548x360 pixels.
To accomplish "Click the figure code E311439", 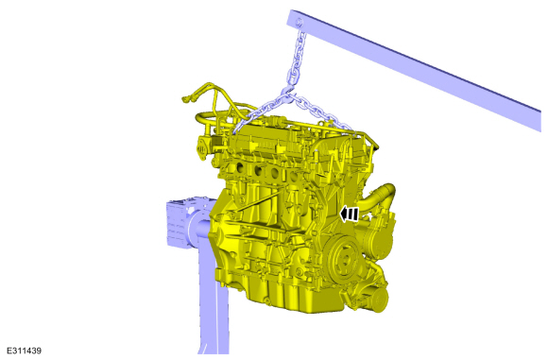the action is point(25,351).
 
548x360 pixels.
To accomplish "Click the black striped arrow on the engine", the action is point(350,214).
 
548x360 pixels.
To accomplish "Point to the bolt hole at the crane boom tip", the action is point(299,23).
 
